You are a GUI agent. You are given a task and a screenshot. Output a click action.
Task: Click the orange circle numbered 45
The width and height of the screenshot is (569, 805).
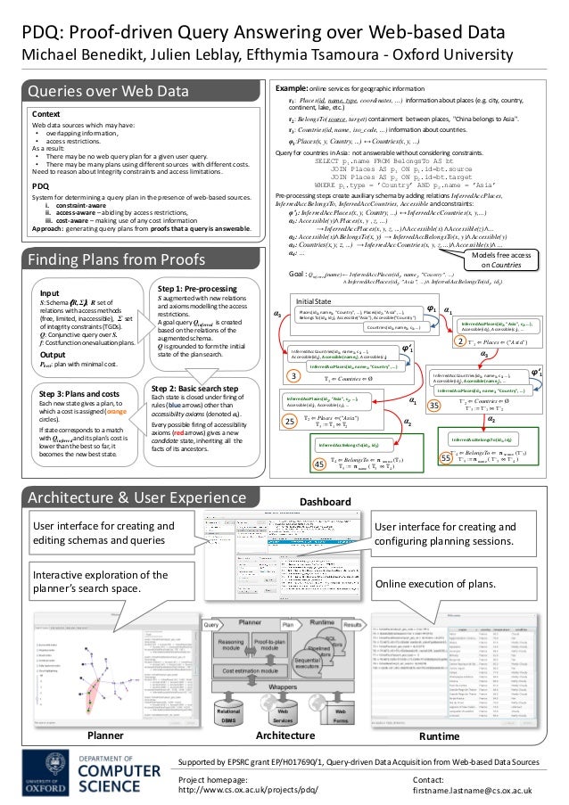318,463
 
